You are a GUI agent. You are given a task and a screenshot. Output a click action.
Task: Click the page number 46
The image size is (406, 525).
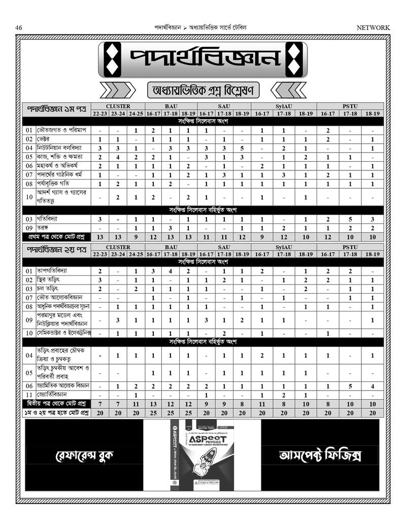[x=19, y=27]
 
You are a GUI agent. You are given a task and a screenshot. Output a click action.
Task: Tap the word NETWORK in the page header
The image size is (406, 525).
[x=374, y=27]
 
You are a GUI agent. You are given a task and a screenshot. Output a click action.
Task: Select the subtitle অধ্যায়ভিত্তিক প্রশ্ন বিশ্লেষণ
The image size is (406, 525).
[x=203, y=90]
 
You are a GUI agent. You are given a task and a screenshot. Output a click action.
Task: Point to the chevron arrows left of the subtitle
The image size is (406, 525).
[x=118, y=90]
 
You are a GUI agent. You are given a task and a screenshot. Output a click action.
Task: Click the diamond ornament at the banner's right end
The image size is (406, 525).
[x=294, y=59]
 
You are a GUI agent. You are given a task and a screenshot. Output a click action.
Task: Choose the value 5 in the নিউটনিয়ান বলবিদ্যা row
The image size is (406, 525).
[x=242, y=148]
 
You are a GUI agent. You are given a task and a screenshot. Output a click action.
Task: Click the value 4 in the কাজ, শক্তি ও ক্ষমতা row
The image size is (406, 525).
[x=117, y=157]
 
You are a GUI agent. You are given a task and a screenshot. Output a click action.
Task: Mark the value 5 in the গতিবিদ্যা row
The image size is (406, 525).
[x=350, y=219]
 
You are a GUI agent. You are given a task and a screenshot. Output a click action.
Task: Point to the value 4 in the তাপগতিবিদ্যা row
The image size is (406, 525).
[x=171, y=271]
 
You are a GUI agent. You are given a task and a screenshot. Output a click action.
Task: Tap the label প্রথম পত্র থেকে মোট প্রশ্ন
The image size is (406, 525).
[x=56, y=237]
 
